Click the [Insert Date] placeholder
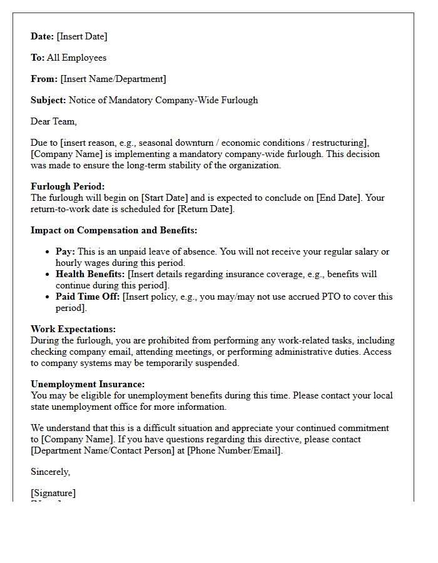tap(82, 36)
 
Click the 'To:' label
tap(38, 58)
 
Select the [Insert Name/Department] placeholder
tap(113, 79)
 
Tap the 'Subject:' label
tap(48, 100)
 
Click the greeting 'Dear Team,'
tap(54, 121)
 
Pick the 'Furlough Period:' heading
tap(68, 186)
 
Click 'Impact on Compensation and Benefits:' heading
tap(114, 230)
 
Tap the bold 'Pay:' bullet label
tap(65, 251)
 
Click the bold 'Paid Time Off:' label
tap(88, 297)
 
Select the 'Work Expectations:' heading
tap(73, 329)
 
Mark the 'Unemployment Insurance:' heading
tap(88, 384)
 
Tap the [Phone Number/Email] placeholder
tap(234, 450)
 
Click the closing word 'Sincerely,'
tap(51, 472)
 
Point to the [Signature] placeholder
tap(53, 493)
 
